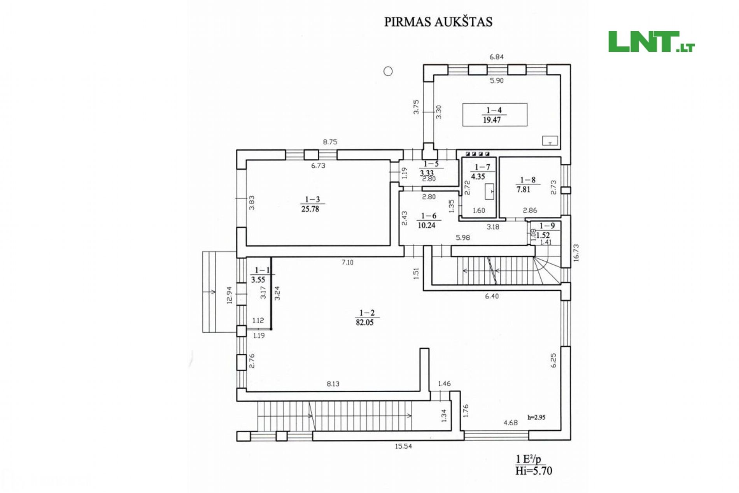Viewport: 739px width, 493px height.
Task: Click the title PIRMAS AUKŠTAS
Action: (438, 22)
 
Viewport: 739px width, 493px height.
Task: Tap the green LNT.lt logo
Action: (651, 42)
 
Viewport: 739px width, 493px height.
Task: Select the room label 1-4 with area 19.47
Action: (493, 115)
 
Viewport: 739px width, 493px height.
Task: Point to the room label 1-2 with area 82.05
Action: (366, 318)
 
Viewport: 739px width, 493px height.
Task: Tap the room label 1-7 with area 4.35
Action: (480, 172)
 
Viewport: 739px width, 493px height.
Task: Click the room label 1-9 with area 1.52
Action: (545, 230)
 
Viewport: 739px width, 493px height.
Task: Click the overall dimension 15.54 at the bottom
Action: (403, 446)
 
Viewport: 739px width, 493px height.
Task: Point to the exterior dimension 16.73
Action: (576, 253)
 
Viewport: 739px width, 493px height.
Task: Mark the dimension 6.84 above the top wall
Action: (497, 57)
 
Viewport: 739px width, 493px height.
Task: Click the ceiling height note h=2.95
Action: (536, 418)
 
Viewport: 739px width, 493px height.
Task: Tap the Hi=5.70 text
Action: (534, 471)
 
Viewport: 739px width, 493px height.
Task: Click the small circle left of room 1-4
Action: (388, 71)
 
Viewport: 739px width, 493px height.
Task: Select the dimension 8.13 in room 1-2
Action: (333, 384)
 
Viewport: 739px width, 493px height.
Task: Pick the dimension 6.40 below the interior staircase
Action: (492, 297)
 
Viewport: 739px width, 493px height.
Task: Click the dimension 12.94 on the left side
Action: (229, 295)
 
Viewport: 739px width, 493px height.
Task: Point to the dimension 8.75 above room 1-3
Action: (330, 142)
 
